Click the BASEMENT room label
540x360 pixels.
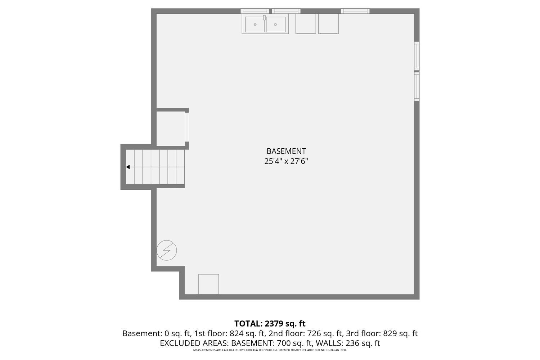click(x=286, y=151)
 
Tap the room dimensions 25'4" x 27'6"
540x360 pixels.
click(x=286, y=161)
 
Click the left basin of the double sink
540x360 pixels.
click(x=255, y=24)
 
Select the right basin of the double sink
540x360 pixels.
click(x=275, y=24)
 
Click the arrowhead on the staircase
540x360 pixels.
click(x=128, y=167)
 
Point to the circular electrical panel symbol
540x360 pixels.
click(x=167, y=250)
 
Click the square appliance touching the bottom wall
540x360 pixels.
click(x=208, y=284)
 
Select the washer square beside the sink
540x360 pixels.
click(x=306, y=24)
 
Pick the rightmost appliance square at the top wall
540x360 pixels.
click(x=328, y=24)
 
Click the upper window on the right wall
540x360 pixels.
click(x=417, y=56)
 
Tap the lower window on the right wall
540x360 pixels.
click(x=417, y=86)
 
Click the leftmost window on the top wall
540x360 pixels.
click(x=255, y=11)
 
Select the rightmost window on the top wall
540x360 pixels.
click(x=355, y=11)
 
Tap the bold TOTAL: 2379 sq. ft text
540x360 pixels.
click(x=270, y=323)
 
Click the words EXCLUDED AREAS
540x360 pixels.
click(x=193, y=343)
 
